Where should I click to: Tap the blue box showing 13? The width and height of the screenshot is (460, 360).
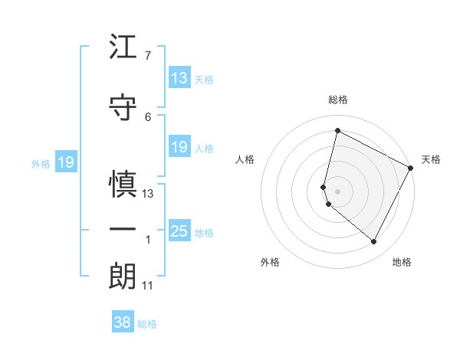tap(179, 78)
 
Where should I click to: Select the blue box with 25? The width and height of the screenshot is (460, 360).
tap(179, 231)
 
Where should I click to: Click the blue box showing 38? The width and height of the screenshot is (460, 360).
tap(123, 322)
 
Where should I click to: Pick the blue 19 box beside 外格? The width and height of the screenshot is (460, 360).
tap(66, 162)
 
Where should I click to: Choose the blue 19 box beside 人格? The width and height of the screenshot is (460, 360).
tap(179, 147)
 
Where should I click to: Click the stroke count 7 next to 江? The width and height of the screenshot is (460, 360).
tap(147, 56)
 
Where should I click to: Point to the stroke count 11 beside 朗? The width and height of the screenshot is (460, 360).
tap(148, 286)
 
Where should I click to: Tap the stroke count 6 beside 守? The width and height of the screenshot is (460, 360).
tap(147, 116)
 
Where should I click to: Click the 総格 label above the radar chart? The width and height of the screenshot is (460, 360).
tap(338, 100)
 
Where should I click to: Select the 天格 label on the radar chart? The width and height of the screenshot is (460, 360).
tap(431, 159)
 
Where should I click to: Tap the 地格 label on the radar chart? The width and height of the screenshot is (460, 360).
tap(402, 262)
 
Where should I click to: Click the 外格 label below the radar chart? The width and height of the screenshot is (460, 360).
tap(270, 262)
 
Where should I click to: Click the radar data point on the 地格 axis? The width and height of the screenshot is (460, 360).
tap(373, 242)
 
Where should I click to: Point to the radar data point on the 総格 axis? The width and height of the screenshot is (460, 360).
tap(337, 131)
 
